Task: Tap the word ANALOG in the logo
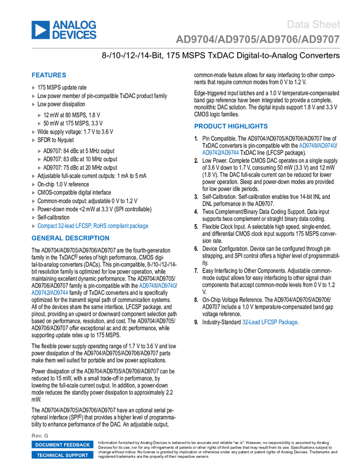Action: (75, 24)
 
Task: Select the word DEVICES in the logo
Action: (75, 36)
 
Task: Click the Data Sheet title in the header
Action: (314, 24)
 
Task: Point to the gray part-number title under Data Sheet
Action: (258, 39)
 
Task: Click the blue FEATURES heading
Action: (49, 76)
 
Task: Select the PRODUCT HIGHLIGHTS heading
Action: (231, 126)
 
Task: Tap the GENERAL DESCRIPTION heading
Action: (70, 238)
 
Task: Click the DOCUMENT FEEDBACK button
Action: (62, 445)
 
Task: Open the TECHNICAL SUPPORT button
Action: (62, 455)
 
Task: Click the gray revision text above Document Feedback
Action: (40, 435)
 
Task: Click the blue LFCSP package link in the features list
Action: (93, 226)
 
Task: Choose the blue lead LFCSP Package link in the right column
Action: (270, 322)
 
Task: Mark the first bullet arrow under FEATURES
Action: (33, 88)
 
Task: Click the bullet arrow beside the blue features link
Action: (33, 226)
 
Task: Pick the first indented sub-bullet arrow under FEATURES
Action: (39, 115)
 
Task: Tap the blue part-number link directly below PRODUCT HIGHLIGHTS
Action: (220, 153)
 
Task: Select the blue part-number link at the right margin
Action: (317, 146)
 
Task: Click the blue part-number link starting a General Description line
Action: (49, 293)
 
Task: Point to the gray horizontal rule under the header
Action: (186, 48)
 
